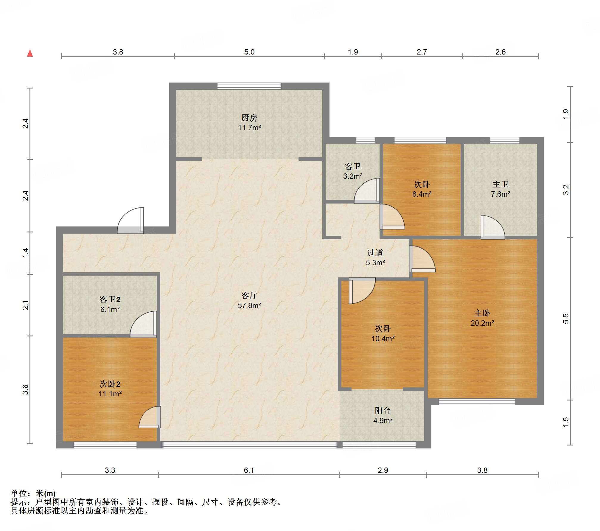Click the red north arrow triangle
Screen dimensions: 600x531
coord(30,53)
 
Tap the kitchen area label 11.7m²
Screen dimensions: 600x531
coord(249,128)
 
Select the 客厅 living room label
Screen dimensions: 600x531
coord(249,295)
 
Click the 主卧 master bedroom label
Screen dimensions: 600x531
coord(482,313)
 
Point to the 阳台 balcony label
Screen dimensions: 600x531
coord(383,410)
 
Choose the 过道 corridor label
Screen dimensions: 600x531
coord(375,253)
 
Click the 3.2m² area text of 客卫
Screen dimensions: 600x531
coord(353,176)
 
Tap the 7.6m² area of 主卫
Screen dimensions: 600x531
coord(500,194)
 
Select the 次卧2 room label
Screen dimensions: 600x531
coord(110,384)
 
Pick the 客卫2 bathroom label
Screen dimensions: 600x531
coord(110,299)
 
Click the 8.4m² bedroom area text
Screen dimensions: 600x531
coord(422,194)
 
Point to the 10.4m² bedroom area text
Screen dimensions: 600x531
coord(383,339)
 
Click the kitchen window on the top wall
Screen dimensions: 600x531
coord(249,86)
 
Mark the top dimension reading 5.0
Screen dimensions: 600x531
coord(249,52)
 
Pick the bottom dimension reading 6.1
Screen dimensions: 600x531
coord(249,470)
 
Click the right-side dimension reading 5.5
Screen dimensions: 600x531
coord(566,319)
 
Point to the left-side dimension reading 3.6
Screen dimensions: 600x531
coord(26,389)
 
